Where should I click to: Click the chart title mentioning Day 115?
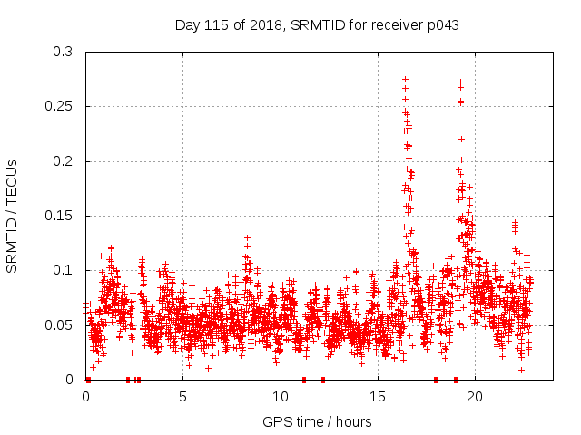(x=317, y=24)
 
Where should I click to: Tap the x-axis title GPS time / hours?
(x=317, y=421)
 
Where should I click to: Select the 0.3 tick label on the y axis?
(x=62, y=52)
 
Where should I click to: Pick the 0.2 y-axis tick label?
(x=62, y=161)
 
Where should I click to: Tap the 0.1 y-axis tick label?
(x=62, y=270)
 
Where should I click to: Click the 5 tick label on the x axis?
(x=183, y=396)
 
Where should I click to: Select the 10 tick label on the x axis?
(x=281, y=396)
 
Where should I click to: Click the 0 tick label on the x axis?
(x=86, y=396)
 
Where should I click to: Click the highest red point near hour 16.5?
(x=405, y=79)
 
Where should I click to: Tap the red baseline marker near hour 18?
(x=436, y=379)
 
